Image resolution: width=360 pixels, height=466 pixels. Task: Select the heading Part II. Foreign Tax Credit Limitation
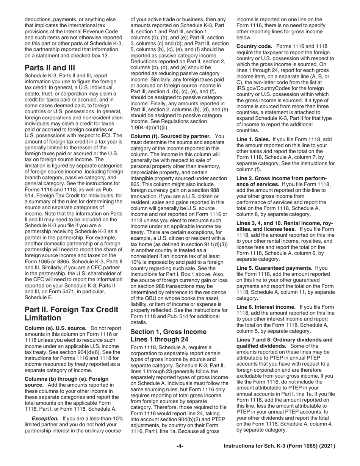tap(71, 314)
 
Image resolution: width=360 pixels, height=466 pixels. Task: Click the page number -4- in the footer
tap(180, 446)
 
